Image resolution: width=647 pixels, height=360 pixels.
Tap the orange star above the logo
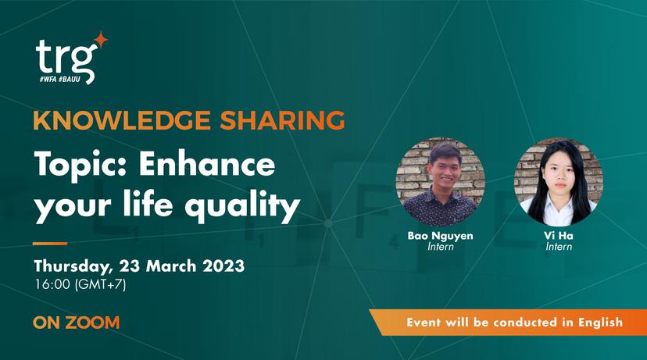click(x=101, y=41)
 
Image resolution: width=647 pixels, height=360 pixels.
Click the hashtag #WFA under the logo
click(x=48, y=79)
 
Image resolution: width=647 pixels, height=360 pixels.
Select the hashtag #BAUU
click(x=70, y=79)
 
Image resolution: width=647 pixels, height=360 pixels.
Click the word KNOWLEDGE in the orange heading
click(x=122, y=120)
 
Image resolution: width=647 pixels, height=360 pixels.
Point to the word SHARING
click(x=282, y=120)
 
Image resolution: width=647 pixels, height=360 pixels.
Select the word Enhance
click(x=207, y=164)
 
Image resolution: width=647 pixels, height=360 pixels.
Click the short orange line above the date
click(x=50, y=244)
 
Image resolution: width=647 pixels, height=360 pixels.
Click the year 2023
click(x=223, y=266)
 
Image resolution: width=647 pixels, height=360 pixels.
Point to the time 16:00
click(x=52, y=284)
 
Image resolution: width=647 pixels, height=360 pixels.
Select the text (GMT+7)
click(x=100, y=285)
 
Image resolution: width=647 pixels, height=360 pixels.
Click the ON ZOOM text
click(x=77, y=323)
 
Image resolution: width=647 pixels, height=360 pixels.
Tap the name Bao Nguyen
click(x=440, y=237)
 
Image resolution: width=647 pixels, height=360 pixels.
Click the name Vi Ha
click(x=558, y=236)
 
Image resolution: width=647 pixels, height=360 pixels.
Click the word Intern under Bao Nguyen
click(x=440, y=247)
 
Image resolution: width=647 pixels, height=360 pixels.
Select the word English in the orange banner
click(x=600, y=322)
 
